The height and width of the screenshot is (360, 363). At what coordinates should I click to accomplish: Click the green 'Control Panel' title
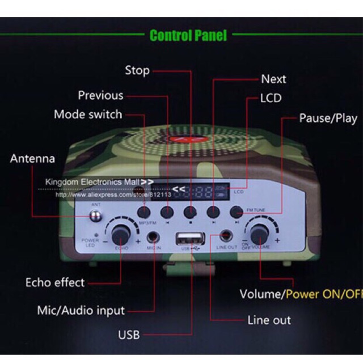[188, 36]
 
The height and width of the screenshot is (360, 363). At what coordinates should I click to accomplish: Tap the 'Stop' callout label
[137, 70]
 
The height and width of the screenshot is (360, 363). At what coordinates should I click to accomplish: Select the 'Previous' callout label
[100, 95]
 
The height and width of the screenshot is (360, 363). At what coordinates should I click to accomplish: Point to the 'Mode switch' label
[88, 114]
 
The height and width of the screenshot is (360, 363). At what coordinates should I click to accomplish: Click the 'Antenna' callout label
[32, 158]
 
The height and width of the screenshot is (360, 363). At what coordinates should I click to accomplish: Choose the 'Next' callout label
[273, 79]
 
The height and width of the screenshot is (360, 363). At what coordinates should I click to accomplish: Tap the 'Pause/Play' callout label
[328, 118]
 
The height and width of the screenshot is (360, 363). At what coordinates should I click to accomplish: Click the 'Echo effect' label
[55, 282]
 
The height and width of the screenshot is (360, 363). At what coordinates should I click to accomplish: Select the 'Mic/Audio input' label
[81, 310]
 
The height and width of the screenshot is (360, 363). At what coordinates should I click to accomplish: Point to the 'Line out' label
[269, 320]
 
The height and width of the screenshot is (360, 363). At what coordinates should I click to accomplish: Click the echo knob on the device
[120, 233]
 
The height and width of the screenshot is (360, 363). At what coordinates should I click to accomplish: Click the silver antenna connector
[95, 216]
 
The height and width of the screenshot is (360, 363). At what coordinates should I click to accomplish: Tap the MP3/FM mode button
[145, 212]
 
